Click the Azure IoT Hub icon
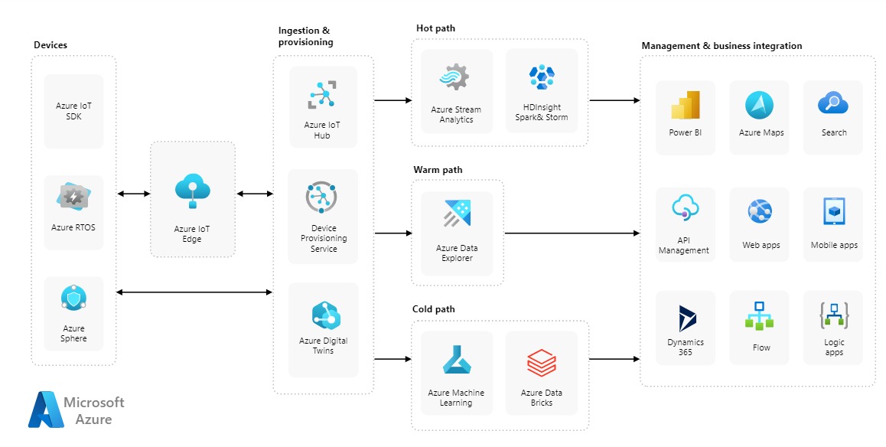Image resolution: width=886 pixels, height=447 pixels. pos(322,95)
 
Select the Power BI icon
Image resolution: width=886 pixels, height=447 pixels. pos(686,105)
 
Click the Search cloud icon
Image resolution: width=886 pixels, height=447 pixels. pos(832,103)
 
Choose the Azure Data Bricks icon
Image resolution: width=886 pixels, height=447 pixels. pos(542,362)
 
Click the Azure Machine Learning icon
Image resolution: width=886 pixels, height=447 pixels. pos(456,361)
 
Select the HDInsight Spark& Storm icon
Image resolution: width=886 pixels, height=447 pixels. pos(542,77)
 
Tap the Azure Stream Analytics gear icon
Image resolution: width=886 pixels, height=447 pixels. pos(456,78)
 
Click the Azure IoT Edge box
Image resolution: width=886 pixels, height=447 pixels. pos(192,199)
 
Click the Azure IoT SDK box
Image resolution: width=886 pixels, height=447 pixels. pos(74,111)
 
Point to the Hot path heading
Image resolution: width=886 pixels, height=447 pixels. pos(435,28)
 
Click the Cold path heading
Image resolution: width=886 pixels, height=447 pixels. pos(434,309)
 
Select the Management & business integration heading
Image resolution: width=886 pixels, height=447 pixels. pos(722,46)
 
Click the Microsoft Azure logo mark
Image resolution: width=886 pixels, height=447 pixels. pos(46,409)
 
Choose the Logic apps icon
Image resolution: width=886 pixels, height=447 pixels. pos(834,315)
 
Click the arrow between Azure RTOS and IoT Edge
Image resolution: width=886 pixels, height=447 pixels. pos(134,194)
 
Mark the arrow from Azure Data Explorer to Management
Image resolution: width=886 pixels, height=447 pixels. pos(572,233)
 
